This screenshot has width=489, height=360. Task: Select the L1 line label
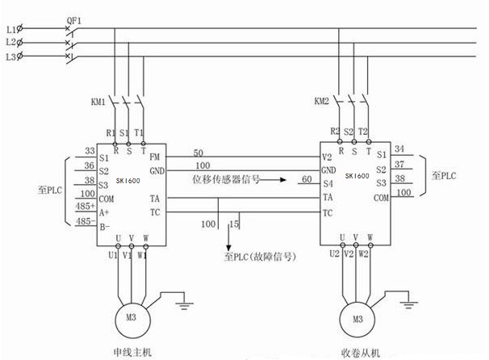pyautogui.click(x=10, y=28)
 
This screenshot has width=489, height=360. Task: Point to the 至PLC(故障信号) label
pyautogui.click(x=257, y=257)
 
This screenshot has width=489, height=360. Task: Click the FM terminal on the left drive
pyautogui.click(x=155, y=157)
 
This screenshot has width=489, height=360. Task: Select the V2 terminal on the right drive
pyautogui.click(x=327, y=157)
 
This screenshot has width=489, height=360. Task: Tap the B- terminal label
pyautogui.click(x=104, y=228)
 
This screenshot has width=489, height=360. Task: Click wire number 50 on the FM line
pyautogui.click(x=199, y=152)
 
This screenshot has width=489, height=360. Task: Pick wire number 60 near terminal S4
pyautogui.click(x=307, y=178)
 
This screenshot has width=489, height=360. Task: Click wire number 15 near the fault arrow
pyautogui.click(x=235, y=223)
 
